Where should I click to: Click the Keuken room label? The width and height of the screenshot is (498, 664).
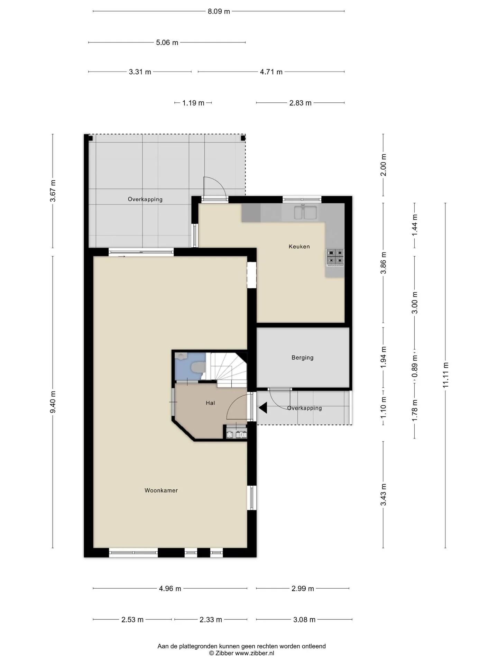tap(299, 247)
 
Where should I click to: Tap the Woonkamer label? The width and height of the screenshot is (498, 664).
tap(161, 490)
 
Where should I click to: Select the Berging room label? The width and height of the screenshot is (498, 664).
tap(302, 358)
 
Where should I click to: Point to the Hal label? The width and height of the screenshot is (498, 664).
tap(210, 403)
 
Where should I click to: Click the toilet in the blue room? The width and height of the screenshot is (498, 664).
tap(197, 368)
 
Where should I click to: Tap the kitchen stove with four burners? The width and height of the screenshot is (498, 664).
tap(335, 258)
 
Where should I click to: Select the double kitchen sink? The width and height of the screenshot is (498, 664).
tap(306, 213)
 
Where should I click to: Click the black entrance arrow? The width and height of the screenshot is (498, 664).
tap(263, 408)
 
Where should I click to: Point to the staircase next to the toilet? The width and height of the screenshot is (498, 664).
tap(227, 369)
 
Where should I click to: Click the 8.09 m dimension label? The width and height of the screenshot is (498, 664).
tap(219, 11)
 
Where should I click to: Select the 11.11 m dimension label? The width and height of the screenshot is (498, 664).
tap(445, 375)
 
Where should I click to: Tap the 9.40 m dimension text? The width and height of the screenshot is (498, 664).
tap(53, 402)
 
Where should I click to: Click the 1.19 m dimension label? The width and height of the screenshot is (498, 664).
tap(193, 103)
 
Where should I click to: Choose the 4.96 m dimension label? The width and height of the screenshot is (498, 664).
tap(170, 589)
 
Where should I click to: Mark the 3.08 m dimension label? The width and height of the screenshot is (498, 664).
tap(304, 620)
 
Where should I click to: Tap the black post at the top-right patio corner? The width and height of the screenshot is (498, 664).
tap(243, 138)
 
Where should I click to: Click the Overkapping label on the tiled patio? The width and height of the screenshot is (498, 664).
tap(145, 199)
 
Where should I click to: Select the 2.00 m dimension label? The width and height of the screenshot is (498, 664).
tap(384, 165)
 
